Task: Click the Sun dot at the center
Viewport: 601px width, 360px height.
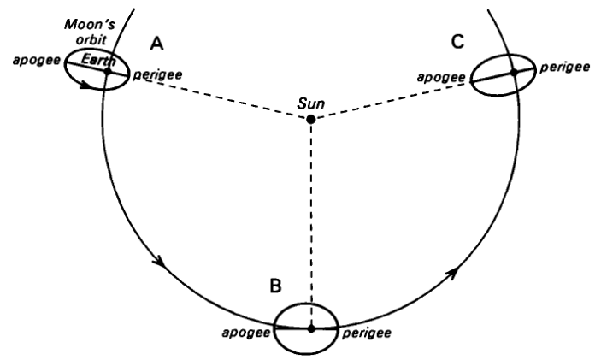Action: tap(311, 119)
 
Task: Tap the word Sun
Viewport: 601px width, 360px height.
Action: tap(311, 103)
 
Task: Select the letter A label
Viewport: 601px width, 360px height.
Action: tap(156, 44)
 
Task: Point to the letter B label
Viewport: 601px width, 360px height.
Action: tap(275, 286)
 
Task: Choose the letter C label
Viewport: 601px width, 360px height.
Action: tap(457, 41)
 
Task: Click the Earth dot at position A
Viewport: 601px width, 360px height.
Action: tap(108, 71)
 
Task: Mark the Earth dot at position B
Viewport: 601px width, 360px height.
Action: tap(311, 328)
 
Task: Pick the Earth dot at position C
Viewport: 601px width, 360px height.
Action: tap(514, 72)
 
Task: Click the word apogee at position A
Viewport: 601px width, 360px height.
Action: tap(37, 61)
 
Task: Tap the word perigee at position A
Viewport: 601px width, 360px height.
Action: tap(157, 74)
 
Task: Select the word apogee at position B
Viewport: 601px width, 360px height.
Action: tap(246, 333)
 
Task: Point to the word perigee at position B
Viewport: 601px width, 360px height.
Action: tap(367, 333)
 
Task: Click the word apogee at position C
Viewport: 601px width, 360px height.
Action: tap(441, 77)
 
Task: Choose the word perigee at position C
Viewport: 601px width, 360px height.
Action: tap(565, 68)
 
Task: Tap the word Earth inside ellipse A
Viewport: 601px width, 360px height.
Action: tap(98, 60)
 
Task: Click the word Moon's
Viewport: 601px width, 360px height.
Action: tap(90, 25)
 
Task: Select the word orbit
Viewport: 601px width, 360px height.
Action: tap(91, 39)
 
